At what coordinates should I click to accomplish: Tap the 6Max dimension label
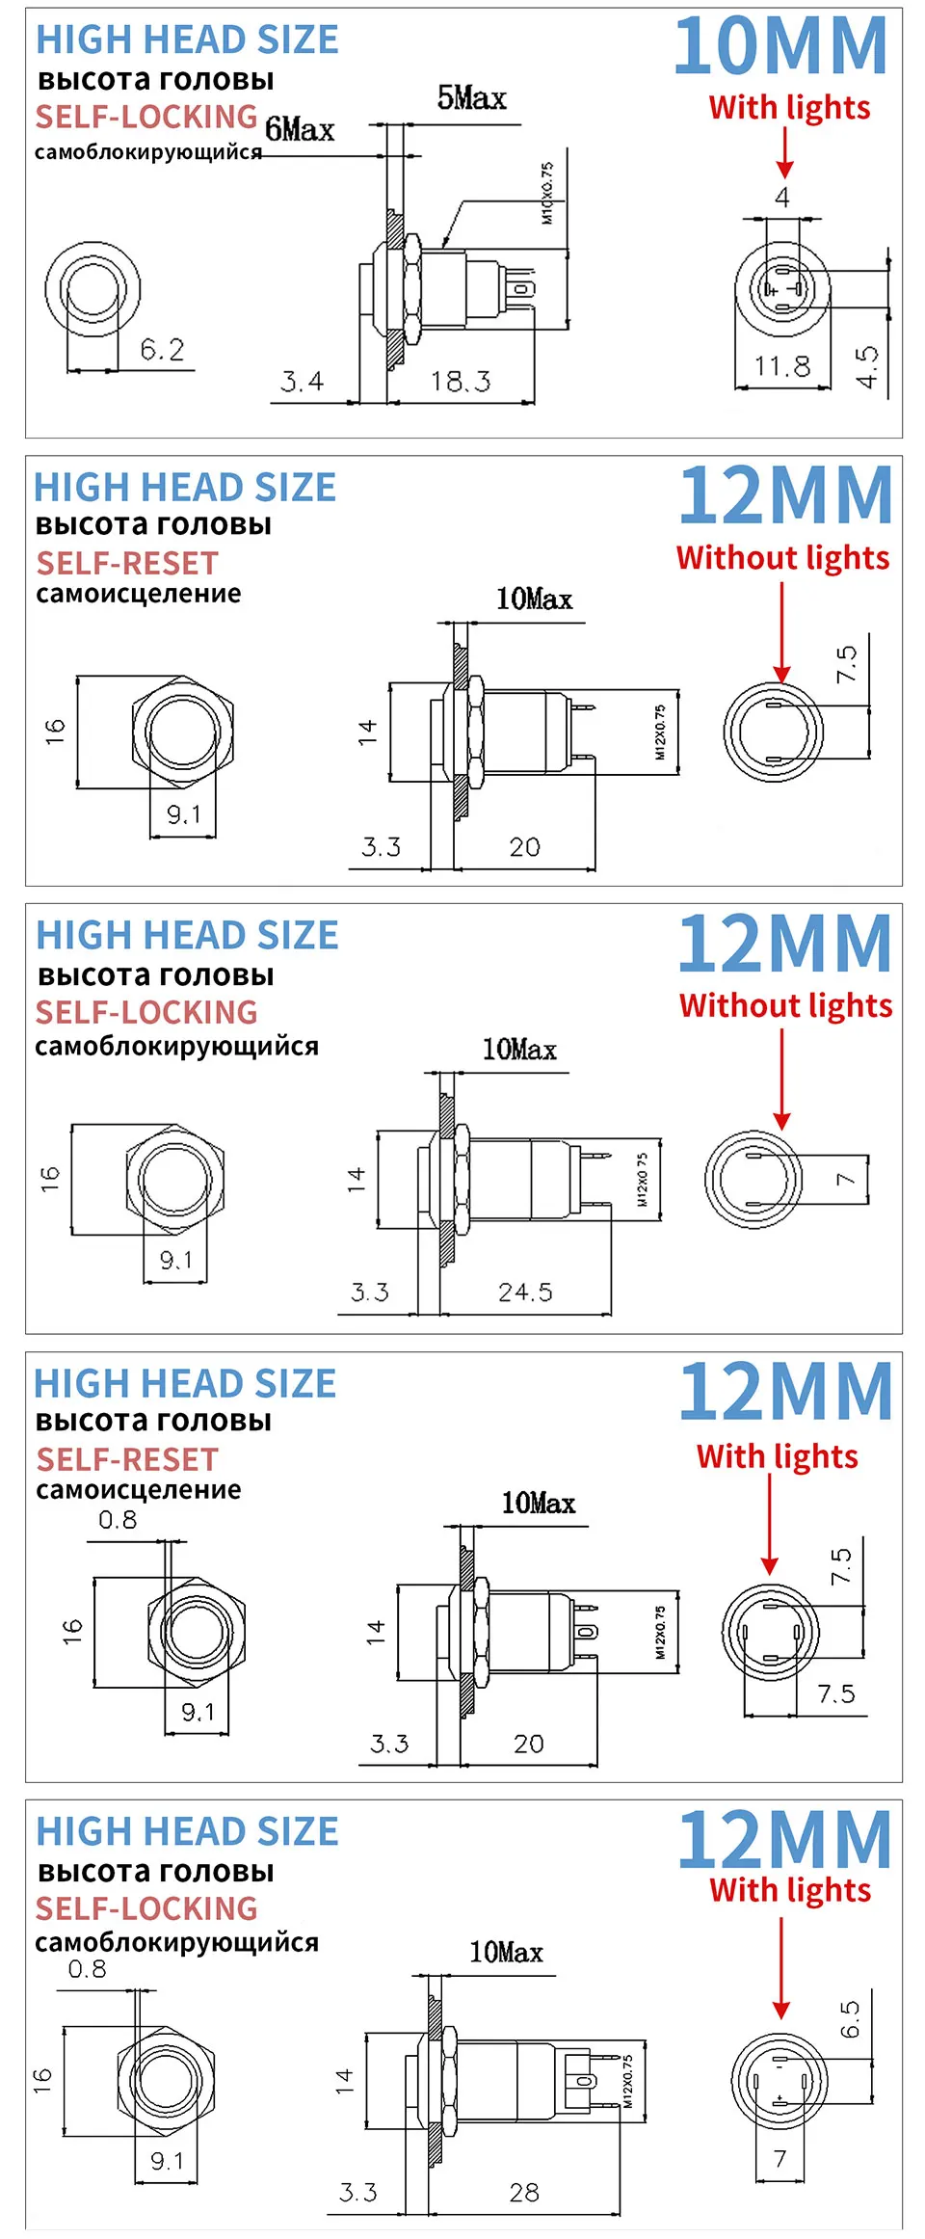point(300,129)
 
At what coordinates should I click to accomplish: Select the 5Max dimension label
point(471,97)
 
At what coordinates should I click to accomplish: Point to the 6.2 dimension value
point(162,349)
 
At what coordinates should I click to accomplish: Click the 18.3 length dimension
point(461,382)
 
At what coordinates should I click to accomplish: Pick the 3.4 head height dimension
point(302,382)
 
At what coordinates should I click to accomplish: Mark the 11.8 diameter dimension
point(781,366)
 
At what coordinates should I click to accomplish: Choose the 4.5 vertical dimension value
point(867,367)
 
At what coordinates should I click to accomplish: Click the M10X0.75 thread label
point(547,193)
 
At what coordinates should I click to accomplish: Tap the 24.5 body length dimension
point(525,1293)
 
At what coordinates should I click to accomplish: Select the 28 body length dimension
point(524,2193)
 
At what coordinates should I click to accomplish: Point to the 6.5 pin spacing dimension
point(850,2019)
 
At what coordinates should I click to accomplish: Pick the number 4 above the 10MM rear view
point(782,198)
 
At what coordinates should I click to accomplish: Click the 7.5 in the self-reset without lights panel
point(846,664)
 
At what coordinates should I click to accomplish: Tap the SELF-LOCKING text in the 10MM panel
point(146,117)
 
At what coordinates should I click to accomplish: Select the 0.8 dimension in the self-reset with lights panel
point(118,1520)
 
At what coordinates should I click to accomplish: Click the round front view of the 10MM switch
point(92,290)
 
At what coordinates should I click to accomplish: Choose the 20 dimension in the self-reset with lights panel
point(528,1744)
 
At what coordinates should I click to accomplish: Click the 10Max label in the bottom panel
point(506,1953)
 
